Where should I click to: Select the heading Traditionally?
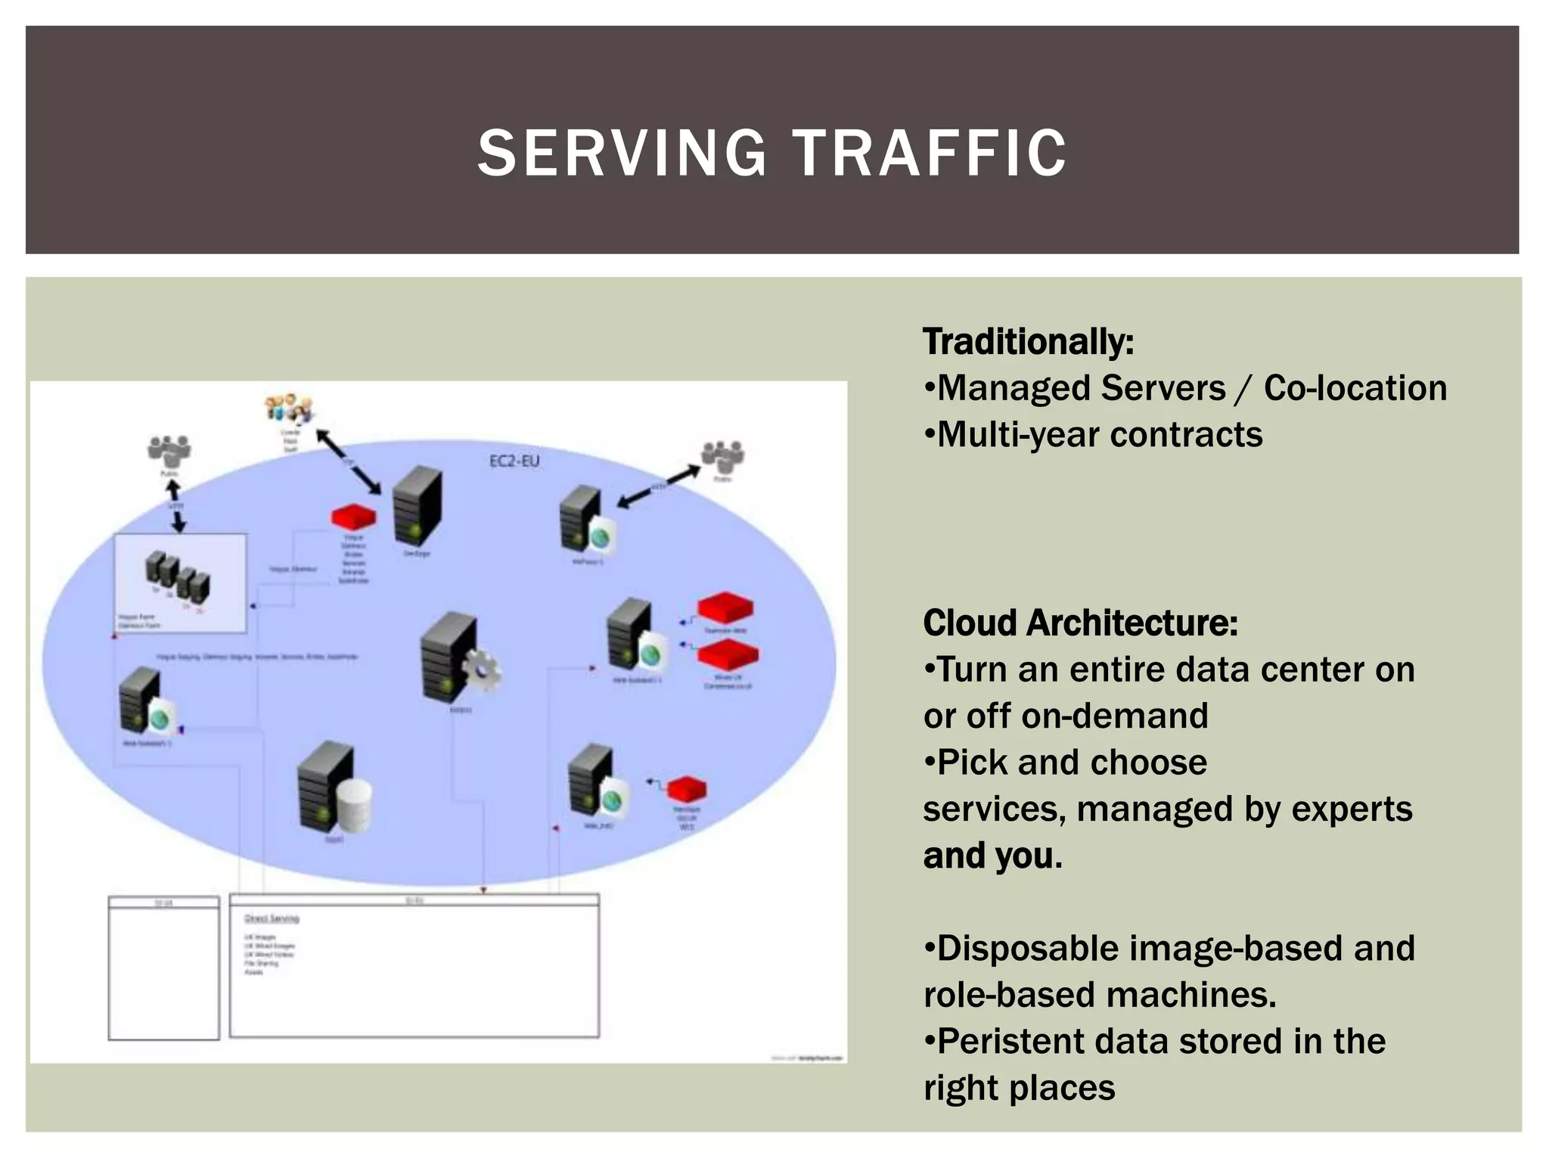click(x=1028, y=342)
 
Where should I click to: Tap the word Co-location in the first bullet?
click(x=1355, y=388)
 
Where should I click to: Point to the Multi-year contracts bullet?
click(x=1094, y=435)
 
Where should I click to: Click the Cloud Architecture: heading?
click(x=1080, y=623)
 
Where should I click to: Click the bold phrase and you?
click(x=992, y=856)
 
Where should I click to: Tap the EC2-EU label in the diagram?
click(x=514, y=461)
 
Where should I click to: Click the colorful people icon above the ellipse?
click(x=288, y=409)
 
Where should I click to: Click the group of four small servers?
click(x=178, y=577)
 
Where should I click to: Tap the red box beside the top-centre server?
click(x=354, y=517)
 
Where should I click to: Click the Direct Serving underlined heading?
click(x=272, y=918)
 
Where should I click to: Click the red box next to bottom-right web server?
click(x=686, y=790)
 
